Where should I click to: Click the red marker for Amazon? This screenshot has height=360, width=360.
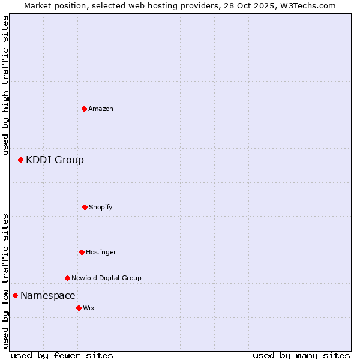(84, 109)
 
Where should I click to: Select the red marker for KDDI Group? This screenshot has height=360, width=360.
(20, 160)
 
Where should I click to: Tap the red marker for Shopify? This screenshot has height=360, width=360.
(85, 207)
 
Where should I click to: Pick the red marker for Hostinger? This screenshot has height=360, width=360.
(82, 252)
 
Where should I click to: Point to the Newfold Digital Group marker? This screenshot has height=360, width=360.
(67, 278)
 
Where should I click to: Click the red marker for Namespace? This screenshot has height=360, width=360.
(15, 295)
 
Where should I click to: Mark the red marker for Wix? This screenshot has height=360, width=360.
(79, 308)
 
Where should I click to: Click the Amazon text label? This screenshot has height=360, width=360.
(101, 109)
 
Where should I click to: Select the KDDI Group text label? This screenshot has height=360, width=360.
(55, 160)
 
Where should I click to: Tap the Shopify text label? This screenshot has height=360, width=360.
(101, 207)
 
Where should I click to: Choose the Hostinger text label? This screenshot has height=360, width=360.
(101, 252)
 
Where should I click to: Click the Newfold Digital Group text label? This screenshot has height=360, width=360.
(106, 278)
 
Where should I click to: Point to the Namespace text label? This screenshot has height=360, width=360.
(48, 295)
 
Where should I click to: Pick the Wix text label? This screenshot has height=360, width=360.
(89, 308)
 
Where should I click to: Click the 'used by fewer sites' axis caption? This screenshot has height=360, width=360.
(62, 355)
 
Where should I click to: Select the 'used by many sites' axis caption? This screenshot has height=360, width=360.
(301, 355)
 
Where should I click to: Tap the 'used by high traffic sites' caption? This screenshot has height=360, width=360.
(5, 85)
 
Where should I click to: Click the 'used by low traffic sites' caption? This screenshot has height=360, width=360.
(5, 281)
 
